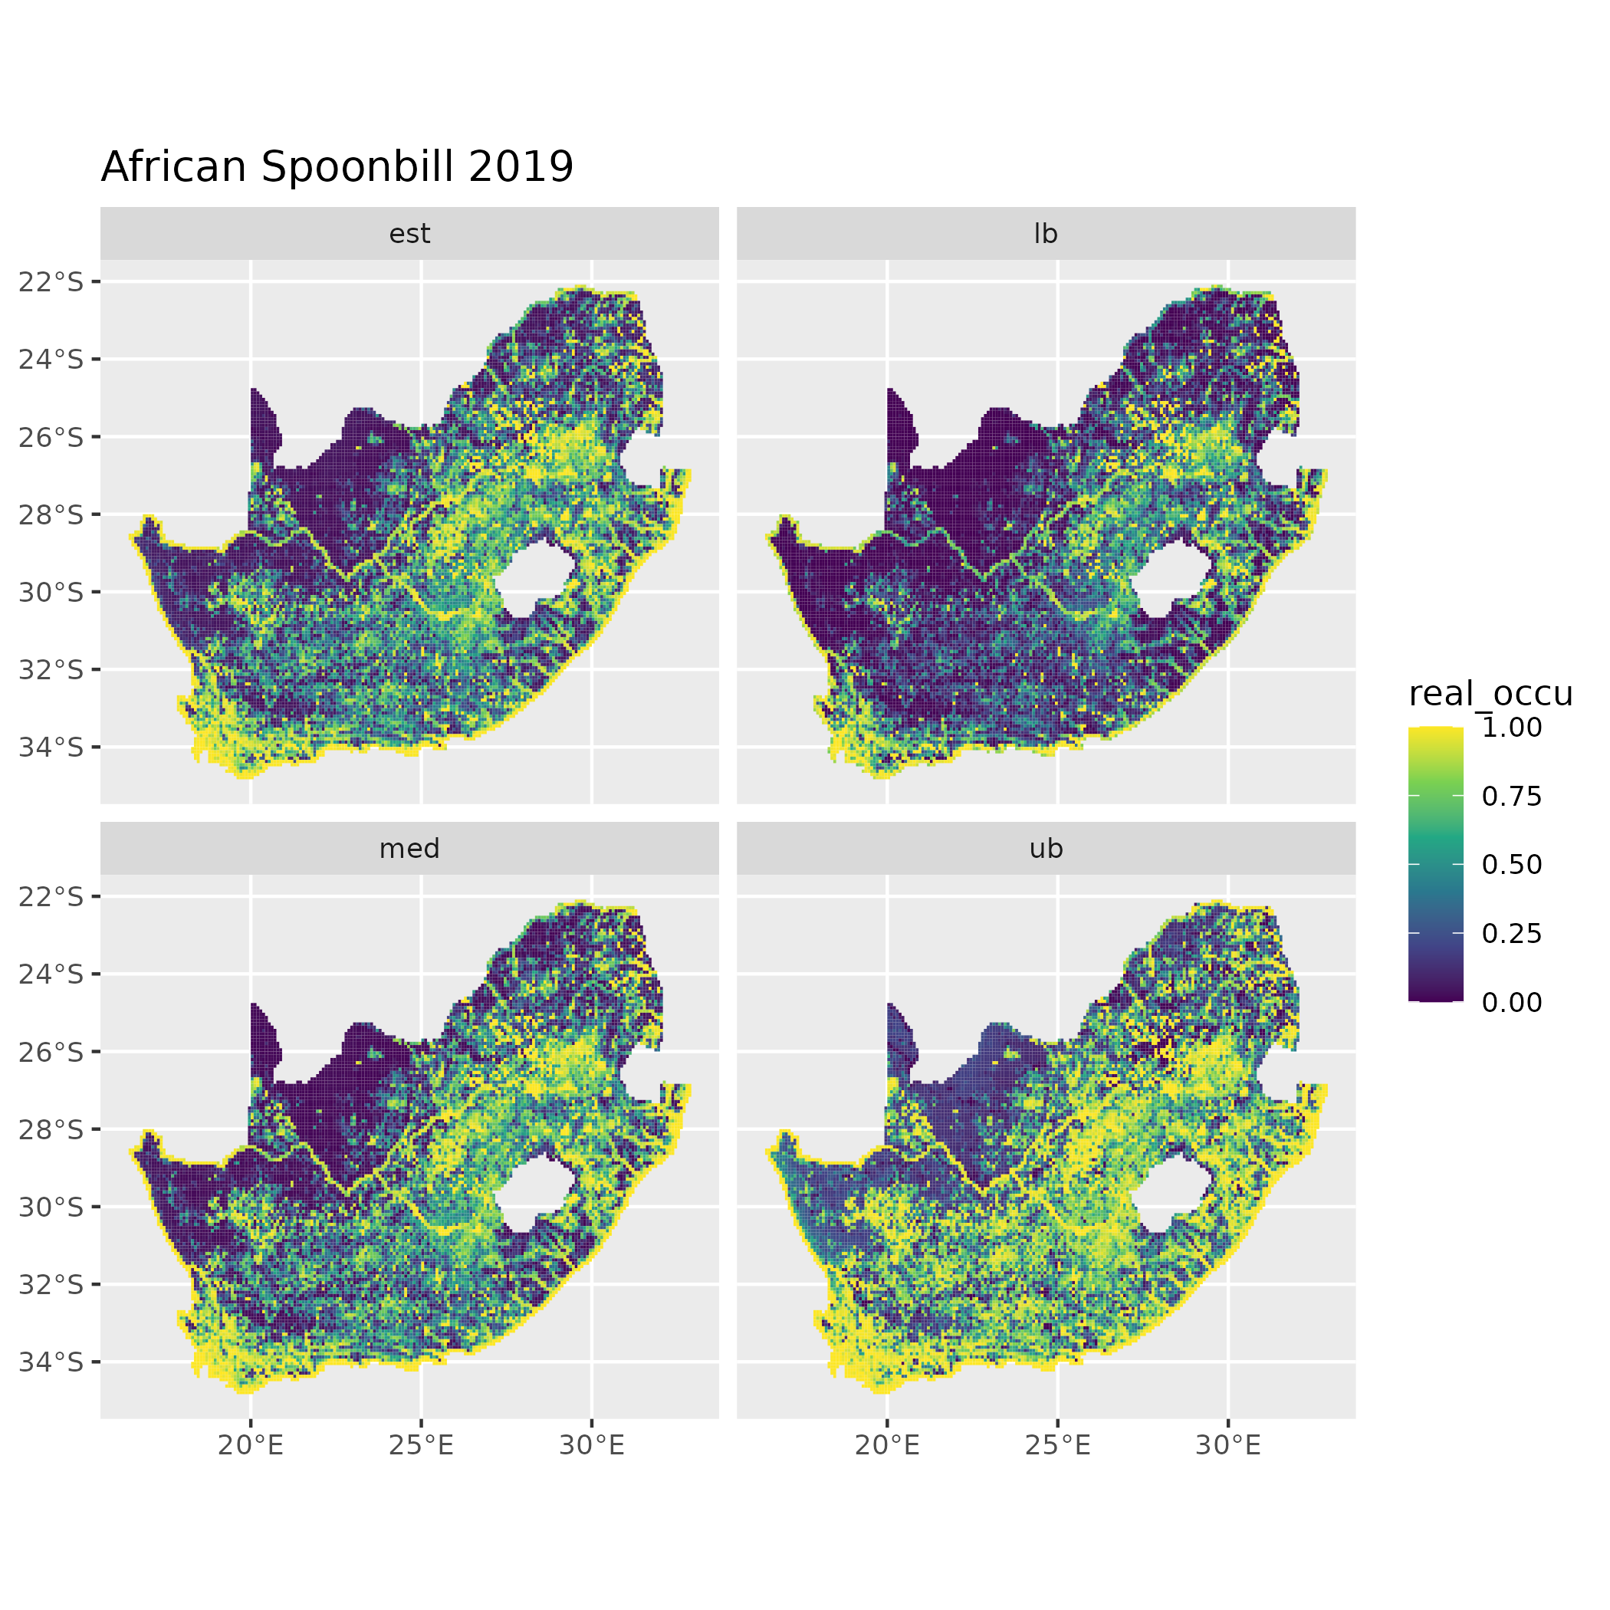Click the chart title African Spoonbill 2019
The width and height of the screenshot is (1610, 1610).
337,166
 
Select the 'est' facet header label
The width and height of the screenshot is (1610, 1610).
409,234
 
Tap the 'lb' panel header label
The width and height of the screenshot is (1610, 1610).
1045,234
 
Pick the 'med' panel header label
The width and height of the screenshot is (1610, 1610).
409,849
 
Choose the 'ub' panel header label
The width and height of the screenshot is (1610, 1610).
1045,849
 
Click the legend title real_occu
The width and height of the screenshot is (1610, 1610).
1490,693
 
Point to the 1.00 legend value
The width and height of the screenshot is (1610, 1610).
1512,728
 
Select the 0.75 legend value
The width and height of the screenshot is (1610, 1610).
1512,797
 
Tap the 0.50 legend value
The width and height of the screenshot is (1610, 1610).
1512,865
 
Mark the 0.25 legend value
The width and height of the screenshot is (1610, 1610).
1512,933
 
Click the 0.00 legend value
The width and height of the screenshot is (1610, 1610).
1512,1003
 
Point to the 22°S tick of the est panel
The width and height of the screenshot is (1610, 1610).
51,282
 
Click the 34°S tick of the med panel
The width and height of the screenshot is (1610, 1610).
51,1362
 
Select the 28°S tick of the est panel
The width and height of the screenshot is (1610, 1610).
51,515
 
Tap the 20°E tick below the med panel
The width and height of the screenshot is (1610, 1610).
251,1446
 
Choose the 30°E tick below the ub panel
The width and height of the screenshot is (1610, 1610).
1227,1446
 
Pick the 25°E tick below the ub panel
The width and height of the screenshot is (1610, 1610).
1056,1446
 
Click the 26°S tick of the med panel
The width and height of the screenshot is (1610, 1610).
51,1053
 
